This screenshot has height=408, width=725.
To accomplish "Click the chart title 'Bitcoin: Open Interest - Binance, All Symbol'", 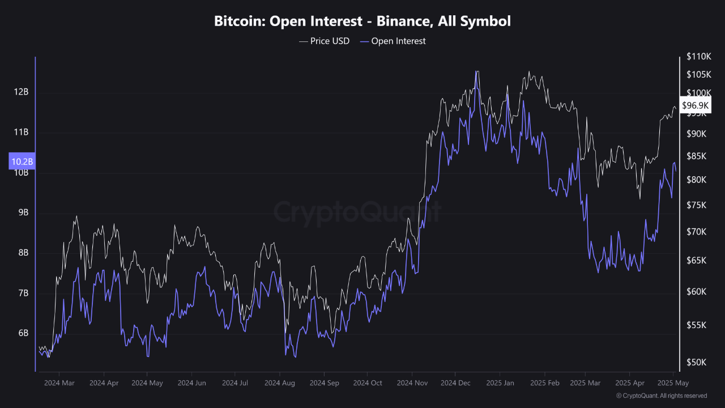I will [362, 22].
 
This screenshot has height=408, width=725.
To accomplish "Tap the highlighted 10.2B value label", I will [22, 161].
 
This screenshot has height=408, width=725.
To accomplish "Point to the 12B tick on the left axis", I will [22, 92].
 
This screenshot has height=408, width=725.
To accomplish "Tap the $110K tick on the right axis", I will [698, 57].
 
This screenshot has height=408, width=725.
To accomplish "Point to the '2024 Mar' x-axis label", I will [59, 383].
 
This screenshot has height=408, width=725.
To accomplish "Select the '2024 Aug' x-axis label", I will [280, 383].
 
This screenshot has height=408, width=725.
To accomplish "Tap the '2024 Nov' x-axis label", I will [412, 383].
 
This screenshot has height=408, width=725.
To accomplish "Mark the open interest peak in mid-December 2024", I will [477, 72].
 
